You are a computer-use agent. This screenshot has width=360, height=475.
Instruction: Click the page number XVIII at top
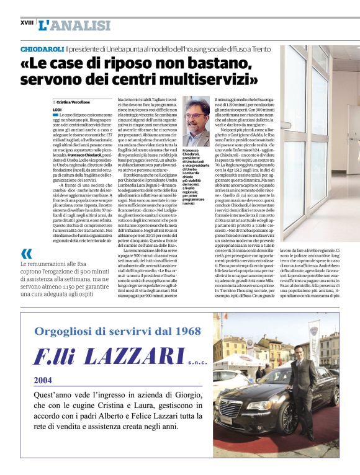click(27, 23)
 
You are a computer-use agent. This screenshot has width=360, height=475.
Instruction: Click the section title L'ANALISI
click(74, 25)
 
